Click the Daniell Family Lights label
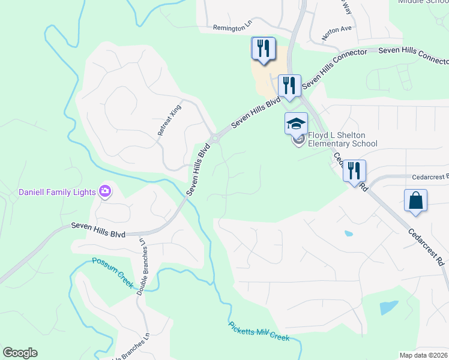pyautogui.click(x=57, y=192)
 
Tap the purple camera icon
pyautogui.click(x=106, y=191)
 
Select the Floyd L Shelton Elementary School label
pyautogui.click(x=343, y=140)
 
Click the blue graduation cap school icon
pyautogui.click(x=296, y=124)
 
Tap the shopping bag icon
pyautogui.click(x=416, y=201)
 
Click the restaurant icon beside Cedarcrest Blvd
pyautogui.click(x=354, y=170)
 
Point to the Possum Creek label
pyautogui.click(x=113, y=272)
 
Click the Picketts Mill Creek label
pyautogui.click(x=259, y=332)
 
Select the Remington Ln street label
pyautogui.click(x=233, y=28)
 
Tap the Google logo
pyautogui.click(x=20, y=353)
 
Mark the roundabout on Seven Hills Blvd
pyautogui.click(x=214, y=137)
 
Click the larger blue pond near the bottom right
pyautogui.click(x=388, y=308)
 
